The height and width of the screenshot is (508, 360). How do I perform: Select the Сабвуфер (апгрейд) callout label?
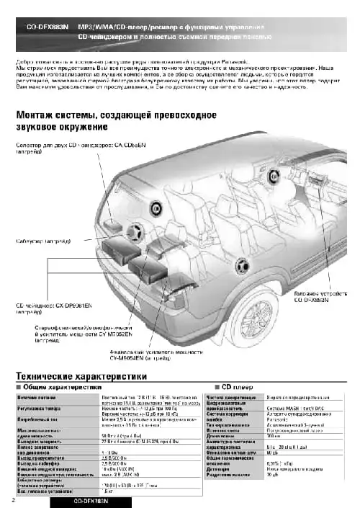coord(44,243)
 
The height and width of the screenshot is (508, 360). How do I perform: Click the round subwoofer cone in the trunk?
coord(133,233)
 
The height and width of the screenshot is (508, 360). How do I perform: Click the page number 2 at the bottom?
coord(14,499)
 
